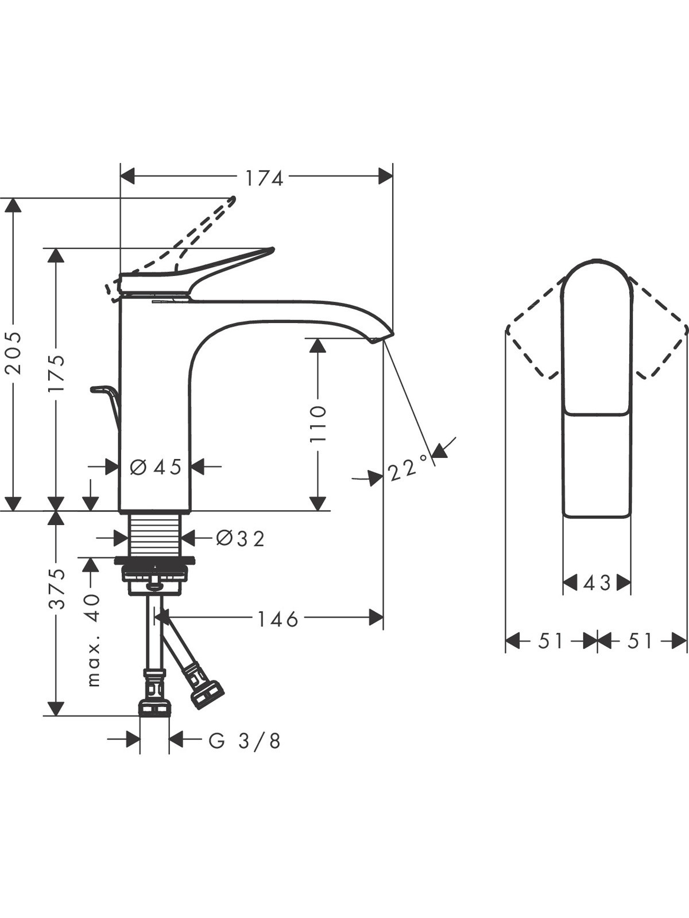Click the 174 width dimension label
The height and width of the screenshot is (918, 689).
pos(264,178)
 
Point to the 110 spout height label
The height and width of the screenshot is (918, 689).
pos(318,424)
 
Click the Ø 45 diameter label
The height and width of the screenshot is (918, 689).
pos(156,466)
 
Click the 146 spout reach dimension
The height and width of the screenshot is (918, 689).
pos(277,619)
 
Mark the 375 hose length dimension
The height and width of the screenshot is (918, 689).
pos(56,589)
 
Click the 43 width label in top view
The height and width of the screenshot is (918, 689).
pos(597,582)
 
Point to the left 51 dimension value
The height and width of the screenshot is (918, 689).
pos(549,640)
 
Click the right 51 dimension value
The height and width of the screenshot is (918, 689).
pos(640,640)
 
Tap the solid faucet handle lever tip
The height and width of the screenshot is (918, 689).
pos(272,251)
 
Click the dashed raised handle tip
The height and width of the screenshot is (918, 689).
pos(232,200)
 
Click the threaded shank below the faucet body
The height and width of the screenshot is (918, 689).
pos(155,535)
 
